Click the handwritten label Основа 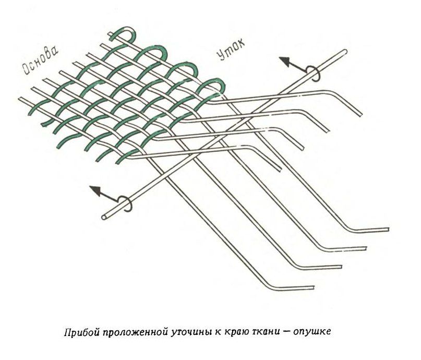tap(40, 61)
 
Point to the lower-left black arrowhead tap(95, 190)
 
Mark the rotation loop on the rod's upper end tap(312, 73)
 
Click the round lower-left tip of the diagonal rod tap(104, 217)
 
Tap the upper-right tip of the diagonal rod tap(345, 52)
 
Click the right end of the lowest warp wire tap(314, 287)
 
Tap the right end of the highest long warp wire tap(388, 229)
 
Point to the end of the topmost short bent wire tap(360, 114)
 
